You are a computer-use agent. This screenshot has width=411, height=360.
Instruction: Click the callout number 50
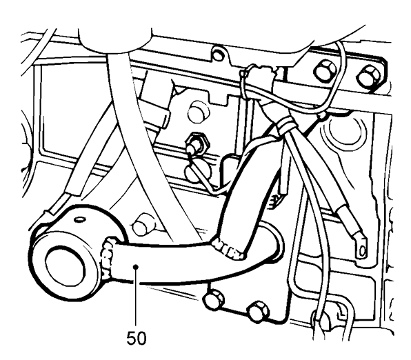137,338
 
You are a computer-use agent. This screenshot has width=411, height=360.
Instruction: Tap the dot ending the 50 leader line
136,267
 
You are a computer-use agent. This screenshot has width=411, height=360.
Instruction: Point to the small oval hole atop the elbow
80,219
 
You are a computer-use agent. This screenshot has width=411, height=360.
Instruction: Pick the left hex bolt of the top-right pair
325,71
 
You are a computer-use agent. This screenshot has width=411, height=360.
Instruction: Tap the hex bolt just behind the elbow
141,223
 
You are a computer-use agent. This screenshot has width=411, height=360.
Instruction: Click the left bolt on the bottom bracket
213,299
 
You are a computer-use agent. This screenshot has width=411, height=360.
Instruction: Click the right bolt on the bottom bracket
259,311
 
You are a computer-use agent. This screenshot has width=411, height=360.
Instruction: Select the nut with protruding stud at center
197,143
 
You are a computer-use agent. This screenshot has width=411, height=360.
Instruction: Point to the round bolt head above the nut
199,112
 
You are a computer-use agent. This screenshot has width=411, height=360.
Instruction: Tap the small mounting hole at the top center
217,54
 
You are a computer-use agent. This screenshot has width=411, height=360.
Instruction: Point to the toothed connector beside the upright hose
274,201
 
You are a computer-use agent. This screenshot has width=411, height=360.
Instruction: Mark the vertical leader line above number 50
136,298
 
